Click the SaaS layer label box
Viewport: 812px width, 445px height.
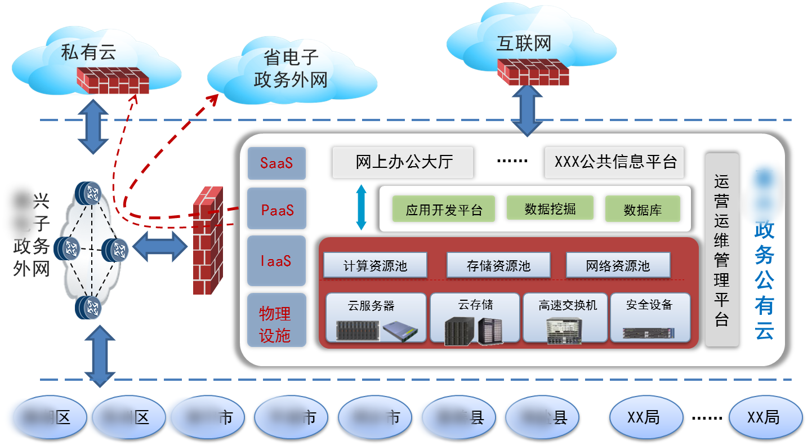276,162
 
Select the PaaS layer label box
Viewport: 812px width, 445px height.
276,210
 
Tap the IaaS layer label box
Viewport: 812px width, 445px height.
276,261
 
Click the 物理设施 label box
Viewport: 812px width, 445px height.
276,319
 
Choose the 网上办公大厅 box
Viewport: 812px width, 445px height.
403,162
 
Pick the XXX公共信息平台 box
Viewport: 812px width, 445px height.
615,162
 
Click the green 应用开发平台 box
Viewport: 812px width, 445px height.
444,210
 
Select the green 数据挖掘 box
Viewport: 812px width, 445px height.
550,208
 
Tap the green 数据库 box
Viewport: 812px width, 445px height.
643,210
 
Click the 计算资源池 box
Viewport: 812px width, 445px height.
375,265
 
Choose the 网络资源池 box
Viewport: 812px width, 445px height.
618,265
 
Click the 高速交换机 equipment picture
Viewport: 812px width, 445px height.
566,330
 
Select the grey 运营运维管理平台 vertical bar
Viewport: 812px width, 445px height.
721,250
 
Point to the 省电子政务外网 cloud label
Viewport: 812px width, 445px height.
290,69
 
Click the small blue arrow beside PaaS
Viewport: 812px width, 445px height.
362,208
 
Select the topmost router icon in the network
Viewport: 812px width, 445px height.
88,193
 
